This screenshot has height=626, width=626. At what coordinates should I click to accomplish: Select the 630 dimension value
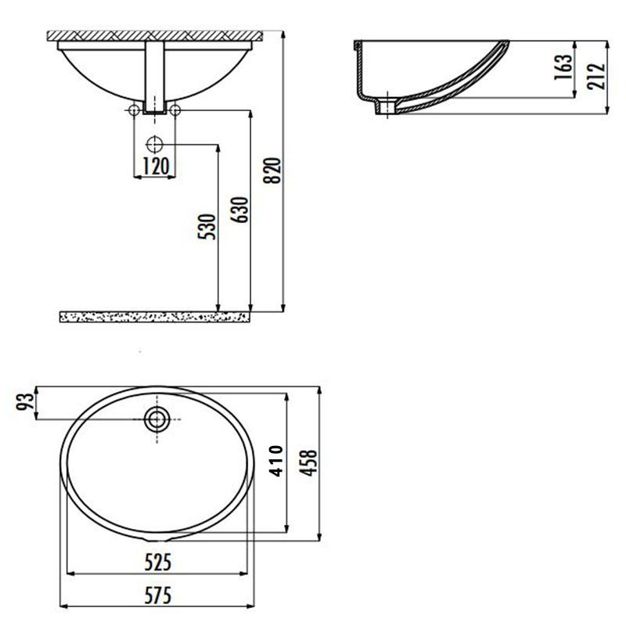click(239, 210)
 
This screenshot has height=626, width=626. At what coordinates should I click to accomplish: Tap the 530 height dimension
click(207, 227)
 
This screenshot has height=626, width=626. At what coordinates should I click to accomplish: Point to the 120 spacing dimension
click(156, 166)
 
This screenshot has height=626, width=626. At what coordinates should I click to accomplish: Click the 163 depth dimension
click(563, 67)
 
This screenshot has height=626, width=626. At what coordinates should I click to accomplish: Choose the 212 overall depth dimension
click(596, 76)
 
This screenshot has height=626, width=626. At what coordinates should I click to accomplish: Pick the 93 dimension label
click(25, 401)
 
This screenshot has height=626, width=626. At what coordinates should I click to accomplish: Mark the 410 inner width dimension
click(276, 461)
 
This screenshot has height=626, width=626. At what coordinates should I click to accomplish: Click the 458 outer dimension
click(308, 462)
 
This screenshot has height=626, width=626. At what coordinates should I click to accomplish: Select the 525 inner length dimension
click(158, 562)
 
